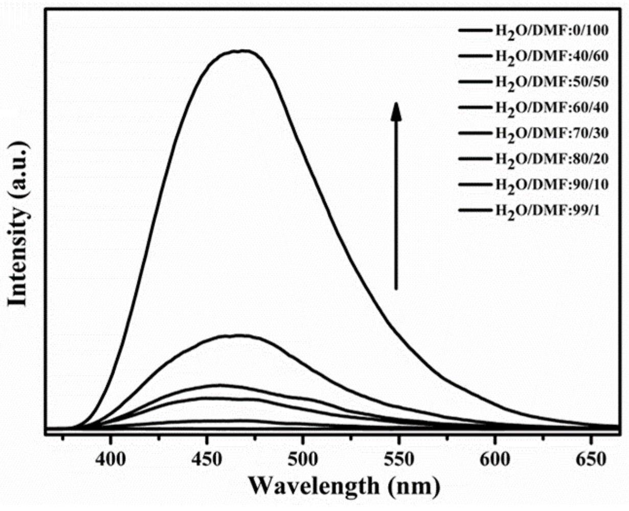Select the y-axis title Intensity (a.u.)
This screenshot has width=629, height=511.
[x=18, y=224]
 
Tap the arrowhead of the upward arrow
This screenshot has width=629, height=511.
[x=396, y=111]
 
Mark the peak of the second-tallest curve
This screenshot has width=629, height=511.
[x=238, y=336]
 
